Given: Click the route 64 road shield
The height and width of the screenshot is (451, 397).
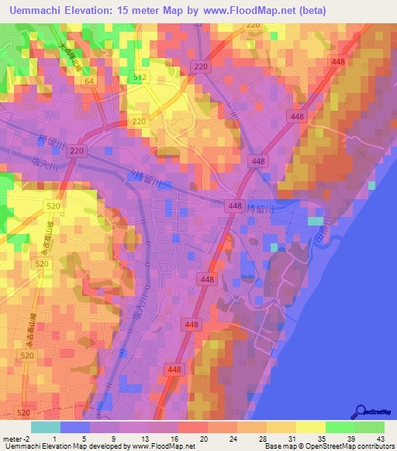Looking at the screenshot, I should point(89,81).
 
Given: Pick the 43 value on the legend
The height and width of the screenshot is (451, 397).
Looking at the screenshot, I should point(380,438).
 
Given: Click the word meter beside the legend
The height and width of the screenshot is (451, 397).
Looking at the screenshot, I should point(11,438).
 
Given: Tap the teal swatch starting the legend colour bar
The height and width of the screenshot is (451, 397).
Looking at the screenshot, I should point(45,427).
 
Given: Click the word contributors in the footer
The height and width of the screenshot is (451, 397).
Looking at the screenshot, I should point(375,446).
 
